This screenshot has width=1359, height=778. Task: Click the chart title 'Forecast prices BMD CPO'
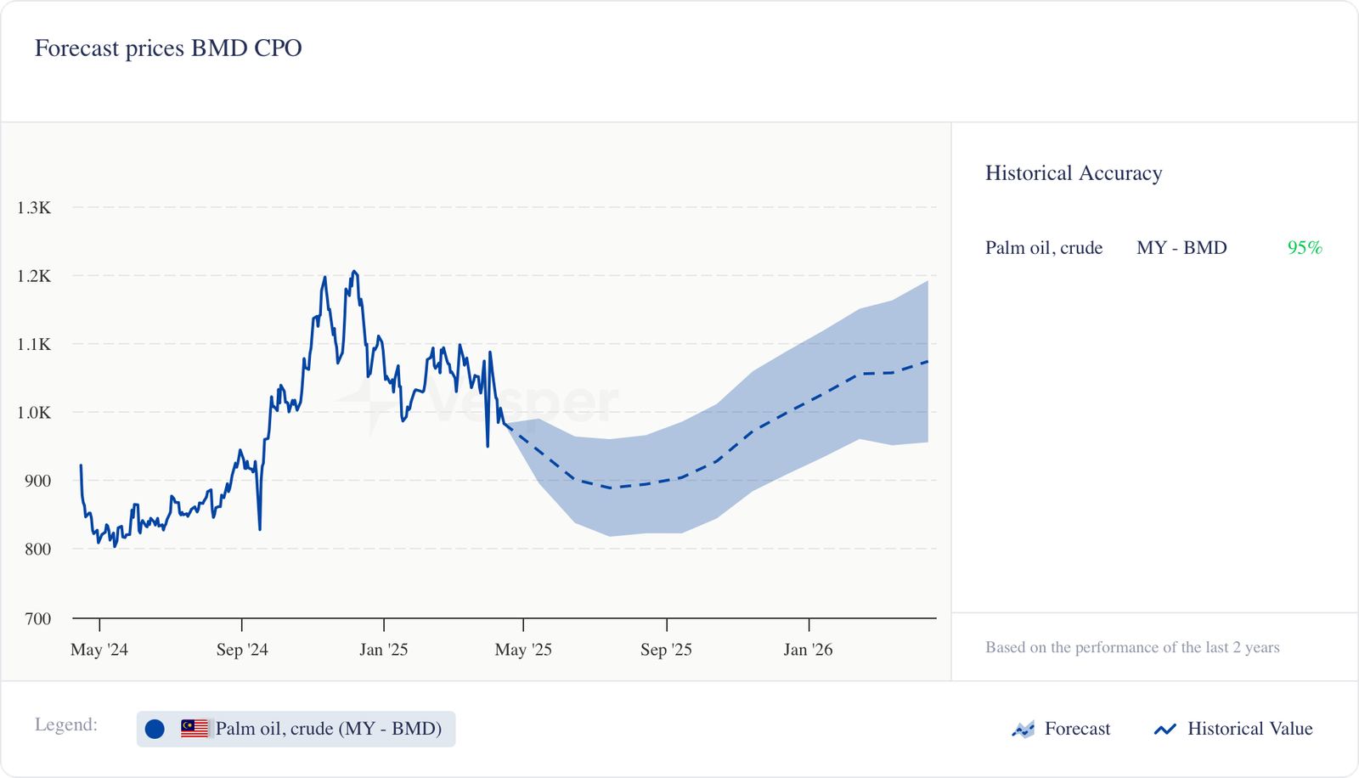pyautogui.click(x=168, y=48)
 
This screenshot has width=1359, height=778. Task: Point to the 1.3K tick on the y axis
pyautogui.click(x=34, y=208)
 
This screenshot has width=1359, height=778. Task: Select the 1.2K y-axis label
pyautogui.click(x=34, y=276)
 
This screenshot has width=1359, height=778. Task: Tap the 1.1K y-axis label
pyautogui.click(x=34, y=344)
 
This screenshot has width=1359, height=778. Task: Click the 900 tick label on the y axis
pyautogui.click(x=37, y=481)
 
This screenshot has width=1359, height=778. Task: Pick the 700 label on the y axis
pyautogui.click(x=37, y=618)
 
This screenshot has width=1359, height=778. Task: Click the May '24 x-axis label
pyautogui.click(x=99, y=650)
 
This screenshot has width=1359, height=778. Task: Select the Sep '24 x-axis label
pyautogui.click(x=242, y=650)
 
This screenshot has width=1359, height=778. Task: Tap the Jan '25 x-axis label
pyautogui.click(x=383, y=650)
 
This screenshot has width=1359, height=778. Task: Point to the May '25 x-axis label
pyautogui.click(x=523, y=650)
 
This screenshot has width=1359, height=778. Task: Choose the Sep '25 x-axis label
pyautogui.click(x=666, y=650)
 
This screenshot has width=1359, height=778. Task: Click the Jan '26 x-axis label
pyautogui.click(x=808, y=650)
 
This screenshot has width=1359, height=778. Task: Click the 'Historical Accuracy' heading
pyautogui.click(x=1074, y=173)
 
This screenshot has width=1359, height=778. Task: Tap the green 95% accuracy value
pyautogui.click(x=1305, y=248)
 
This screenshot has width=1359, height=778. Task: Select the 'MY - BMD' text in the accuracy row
pyautogui.click(x=1181, y=248)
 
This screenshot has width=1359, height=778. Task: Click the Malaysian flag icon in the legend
pyautogui.click(x=195, y=729)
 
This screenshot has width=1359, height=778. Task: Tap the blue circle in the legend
pyautogui.click(x=155, y=729)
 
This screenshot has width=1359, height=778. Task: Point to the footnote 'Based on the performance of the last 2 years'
pyautogui.click(x=1132, y=647)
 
